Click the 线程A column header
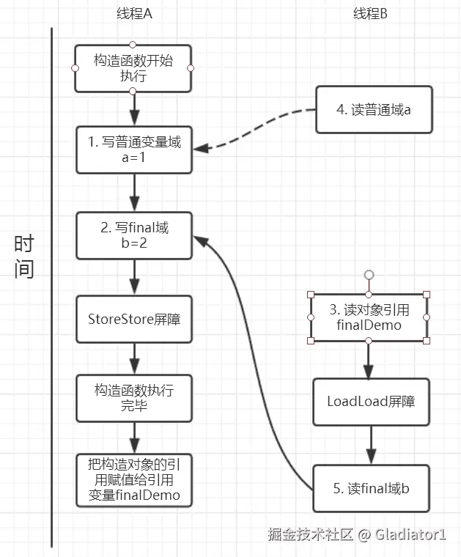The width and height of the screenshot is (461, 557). click(134, 14)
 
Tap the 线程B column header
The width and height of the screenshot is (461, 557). click(370, 14)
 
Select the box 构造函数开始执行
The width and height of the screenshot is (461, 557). click(133, 68)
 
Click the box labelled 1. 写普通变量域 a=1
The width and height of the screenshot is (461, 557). click(134, 150)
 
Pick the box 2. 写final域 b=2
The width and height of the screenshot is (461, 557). click(134, 235)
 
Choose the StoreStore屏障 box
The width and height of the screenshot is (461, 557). click(134, 320)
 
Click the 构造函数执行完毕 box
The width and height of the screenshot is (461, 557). click(134, 398)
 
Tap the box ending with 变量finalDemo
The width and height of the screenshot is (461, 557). click(134, 480)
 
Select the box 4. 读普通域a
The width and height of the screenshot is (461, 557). click(374, 110)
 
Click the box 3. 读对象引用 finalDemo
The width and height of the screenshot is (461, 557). click(369, 317)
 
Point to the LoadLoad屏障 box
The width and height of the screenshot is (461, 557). click(371, 402)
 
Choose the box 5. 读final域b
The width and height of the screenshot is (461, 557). click(371, 488)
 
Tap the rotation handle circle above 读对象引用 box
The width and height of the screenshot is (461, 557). click(369, 275)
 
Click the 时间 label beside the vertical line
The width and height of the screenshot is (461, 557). click(23, 256)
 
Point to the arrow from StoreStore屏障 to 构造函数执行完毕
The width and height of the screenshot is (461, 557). click(134, 359)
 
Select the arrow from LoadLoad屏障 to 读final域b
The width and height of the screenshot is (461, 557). click(371, 445)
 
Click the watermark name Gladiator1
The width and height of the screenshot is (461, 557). click(410, 534)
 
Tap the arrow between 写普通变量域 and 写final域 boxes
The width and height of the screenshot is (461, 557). click(134, 193)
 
